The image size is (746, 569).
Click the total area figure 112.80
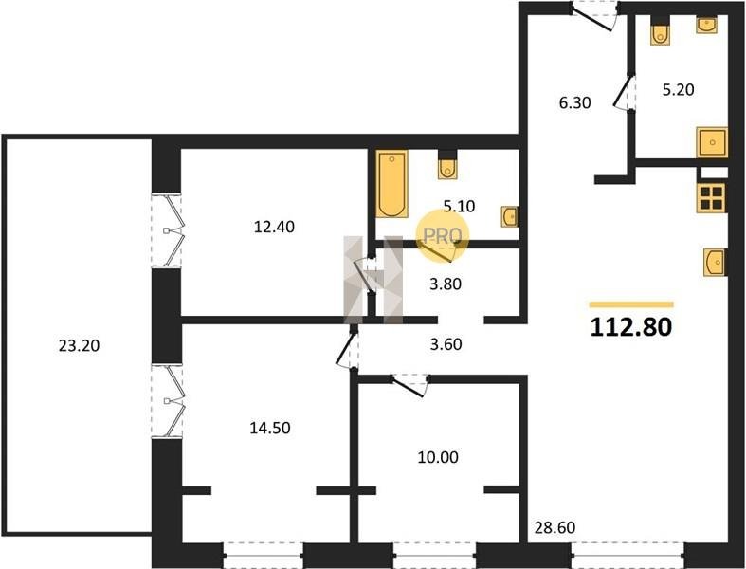[631, 327]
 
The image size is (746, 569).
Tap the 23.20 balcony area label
[79, 346]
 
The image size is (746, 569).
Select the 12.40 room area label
[274, 227]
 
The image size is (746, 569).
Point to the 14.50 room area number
[270, 428]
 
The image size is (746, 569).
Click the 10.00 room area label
[438, 458]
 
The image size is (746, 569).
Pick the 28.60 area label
[555, 527]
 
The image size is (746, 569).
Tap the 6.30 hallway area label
[574, 102]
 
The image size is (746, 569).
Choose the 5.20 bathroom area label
[679, 89]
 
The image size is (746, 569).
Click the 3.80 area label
[446, 284]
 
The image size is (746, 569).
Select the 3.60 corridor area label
[446, 344]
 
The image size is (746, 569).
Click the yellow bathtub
[392, 184]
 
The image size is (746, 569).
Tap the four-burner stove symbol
[711, 197]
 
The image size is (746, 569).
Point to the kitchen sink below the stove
[715, 262]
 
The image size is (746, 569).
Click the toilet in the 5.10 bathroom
[447, 165]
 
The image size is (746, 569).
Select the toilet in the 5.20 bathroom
[660, 31]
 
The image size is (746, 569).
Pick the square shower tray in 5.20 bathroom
[712, 142]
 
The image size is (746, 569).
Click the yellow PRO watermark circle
[443, 236]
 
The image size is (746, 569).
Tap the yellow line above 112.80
[631, 304]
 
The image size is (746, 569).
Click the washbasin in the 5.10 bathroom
[510, 216]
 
